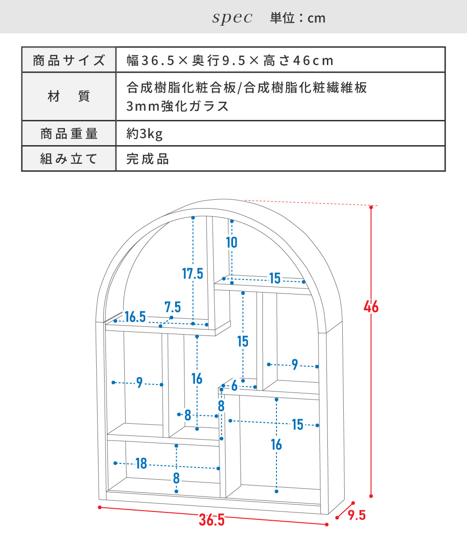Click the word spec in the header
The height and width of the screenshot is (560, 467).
coord(232,18)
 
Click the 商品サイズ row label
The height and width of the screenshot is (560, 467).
coord(69,60)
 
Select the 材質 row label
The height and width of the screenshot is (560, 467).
coord(69,97)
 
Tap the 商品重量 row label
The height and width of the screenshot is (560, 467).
coord(69,134)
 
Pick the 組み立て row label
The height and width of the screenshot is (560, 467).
coord(69,159)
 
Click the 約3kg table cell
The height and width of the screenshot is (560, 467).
coord(144,134)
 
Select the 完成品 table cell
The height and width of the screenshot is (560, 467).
coord(148,159)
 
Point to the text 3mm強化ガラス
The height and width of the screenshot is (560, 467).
coord(178,106)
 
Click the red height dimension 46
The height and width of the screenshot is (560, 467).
coord(372,307)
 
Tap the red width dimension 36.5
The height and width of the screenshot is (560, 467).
coord(212,520)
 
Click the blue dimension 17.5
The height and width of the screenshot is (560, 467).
coord(193,273)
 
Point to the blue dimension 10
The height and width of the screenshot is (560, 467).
coord(232,242)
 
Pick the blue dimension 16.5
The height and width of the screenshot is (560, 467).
coord(135,317)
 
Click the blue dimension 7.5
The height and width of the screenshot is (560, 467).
coord(173,307)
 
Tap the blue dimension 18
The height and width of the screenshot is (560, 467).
coord(141,463)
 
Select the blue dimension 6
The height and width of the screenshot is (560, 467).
coord(234,386)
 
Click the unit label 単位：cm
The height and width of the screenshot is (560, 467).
coord(297,18)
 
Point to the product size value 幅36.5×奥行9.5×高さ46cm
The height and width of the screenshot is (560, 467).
coord(230,60)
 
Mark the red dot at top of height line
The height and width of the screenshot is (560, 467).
coord(371,206)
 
